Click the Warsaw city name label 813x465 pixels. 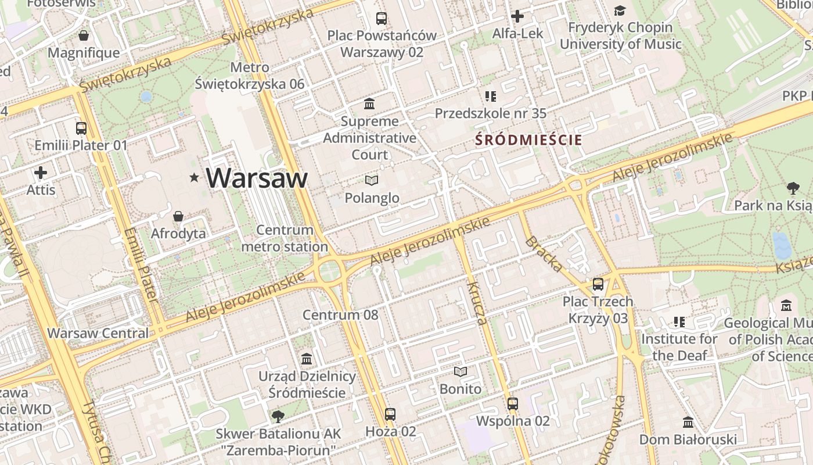click(x=257, y=178)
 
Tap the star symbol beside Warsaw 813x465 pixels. click(x=194, y=177)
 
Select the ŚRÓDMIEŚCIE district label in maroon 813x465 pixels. click(x=528, y=140)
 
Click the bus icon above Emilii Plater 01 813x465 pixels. click(x=81, y=128)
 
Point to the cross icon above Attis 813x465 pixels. click(x=41, y=173)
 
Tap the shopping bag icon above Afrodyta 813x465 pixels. click(x=178, y=217)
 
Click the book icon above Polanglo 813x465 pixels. click(x=372, y=181)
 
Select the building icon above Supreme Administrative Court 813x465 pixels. click(x=369, y=104)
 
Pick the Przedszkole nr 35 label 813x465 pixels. click(x=491, y=113)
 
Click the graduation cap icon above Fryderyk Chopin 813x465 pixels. click(x=620, y=11)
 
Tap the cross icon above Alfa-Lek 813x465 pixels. click(x=517, y=16)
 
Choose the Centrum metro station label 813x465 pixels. click(x=285, y=238)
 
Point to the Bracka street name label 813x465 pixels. click(x=544, y=255)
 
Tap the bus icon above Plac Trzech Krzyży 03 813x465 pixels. click(x=598, y=285)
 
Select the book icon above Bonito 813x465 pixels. click(x=461, y=371)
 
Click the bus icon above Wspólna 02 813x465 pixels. click(x=513, y=404)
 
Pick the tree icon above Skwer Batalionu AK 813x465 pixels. click(x=278, y=416)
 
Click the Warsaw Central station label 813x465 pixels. click(x=98, y=334)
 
